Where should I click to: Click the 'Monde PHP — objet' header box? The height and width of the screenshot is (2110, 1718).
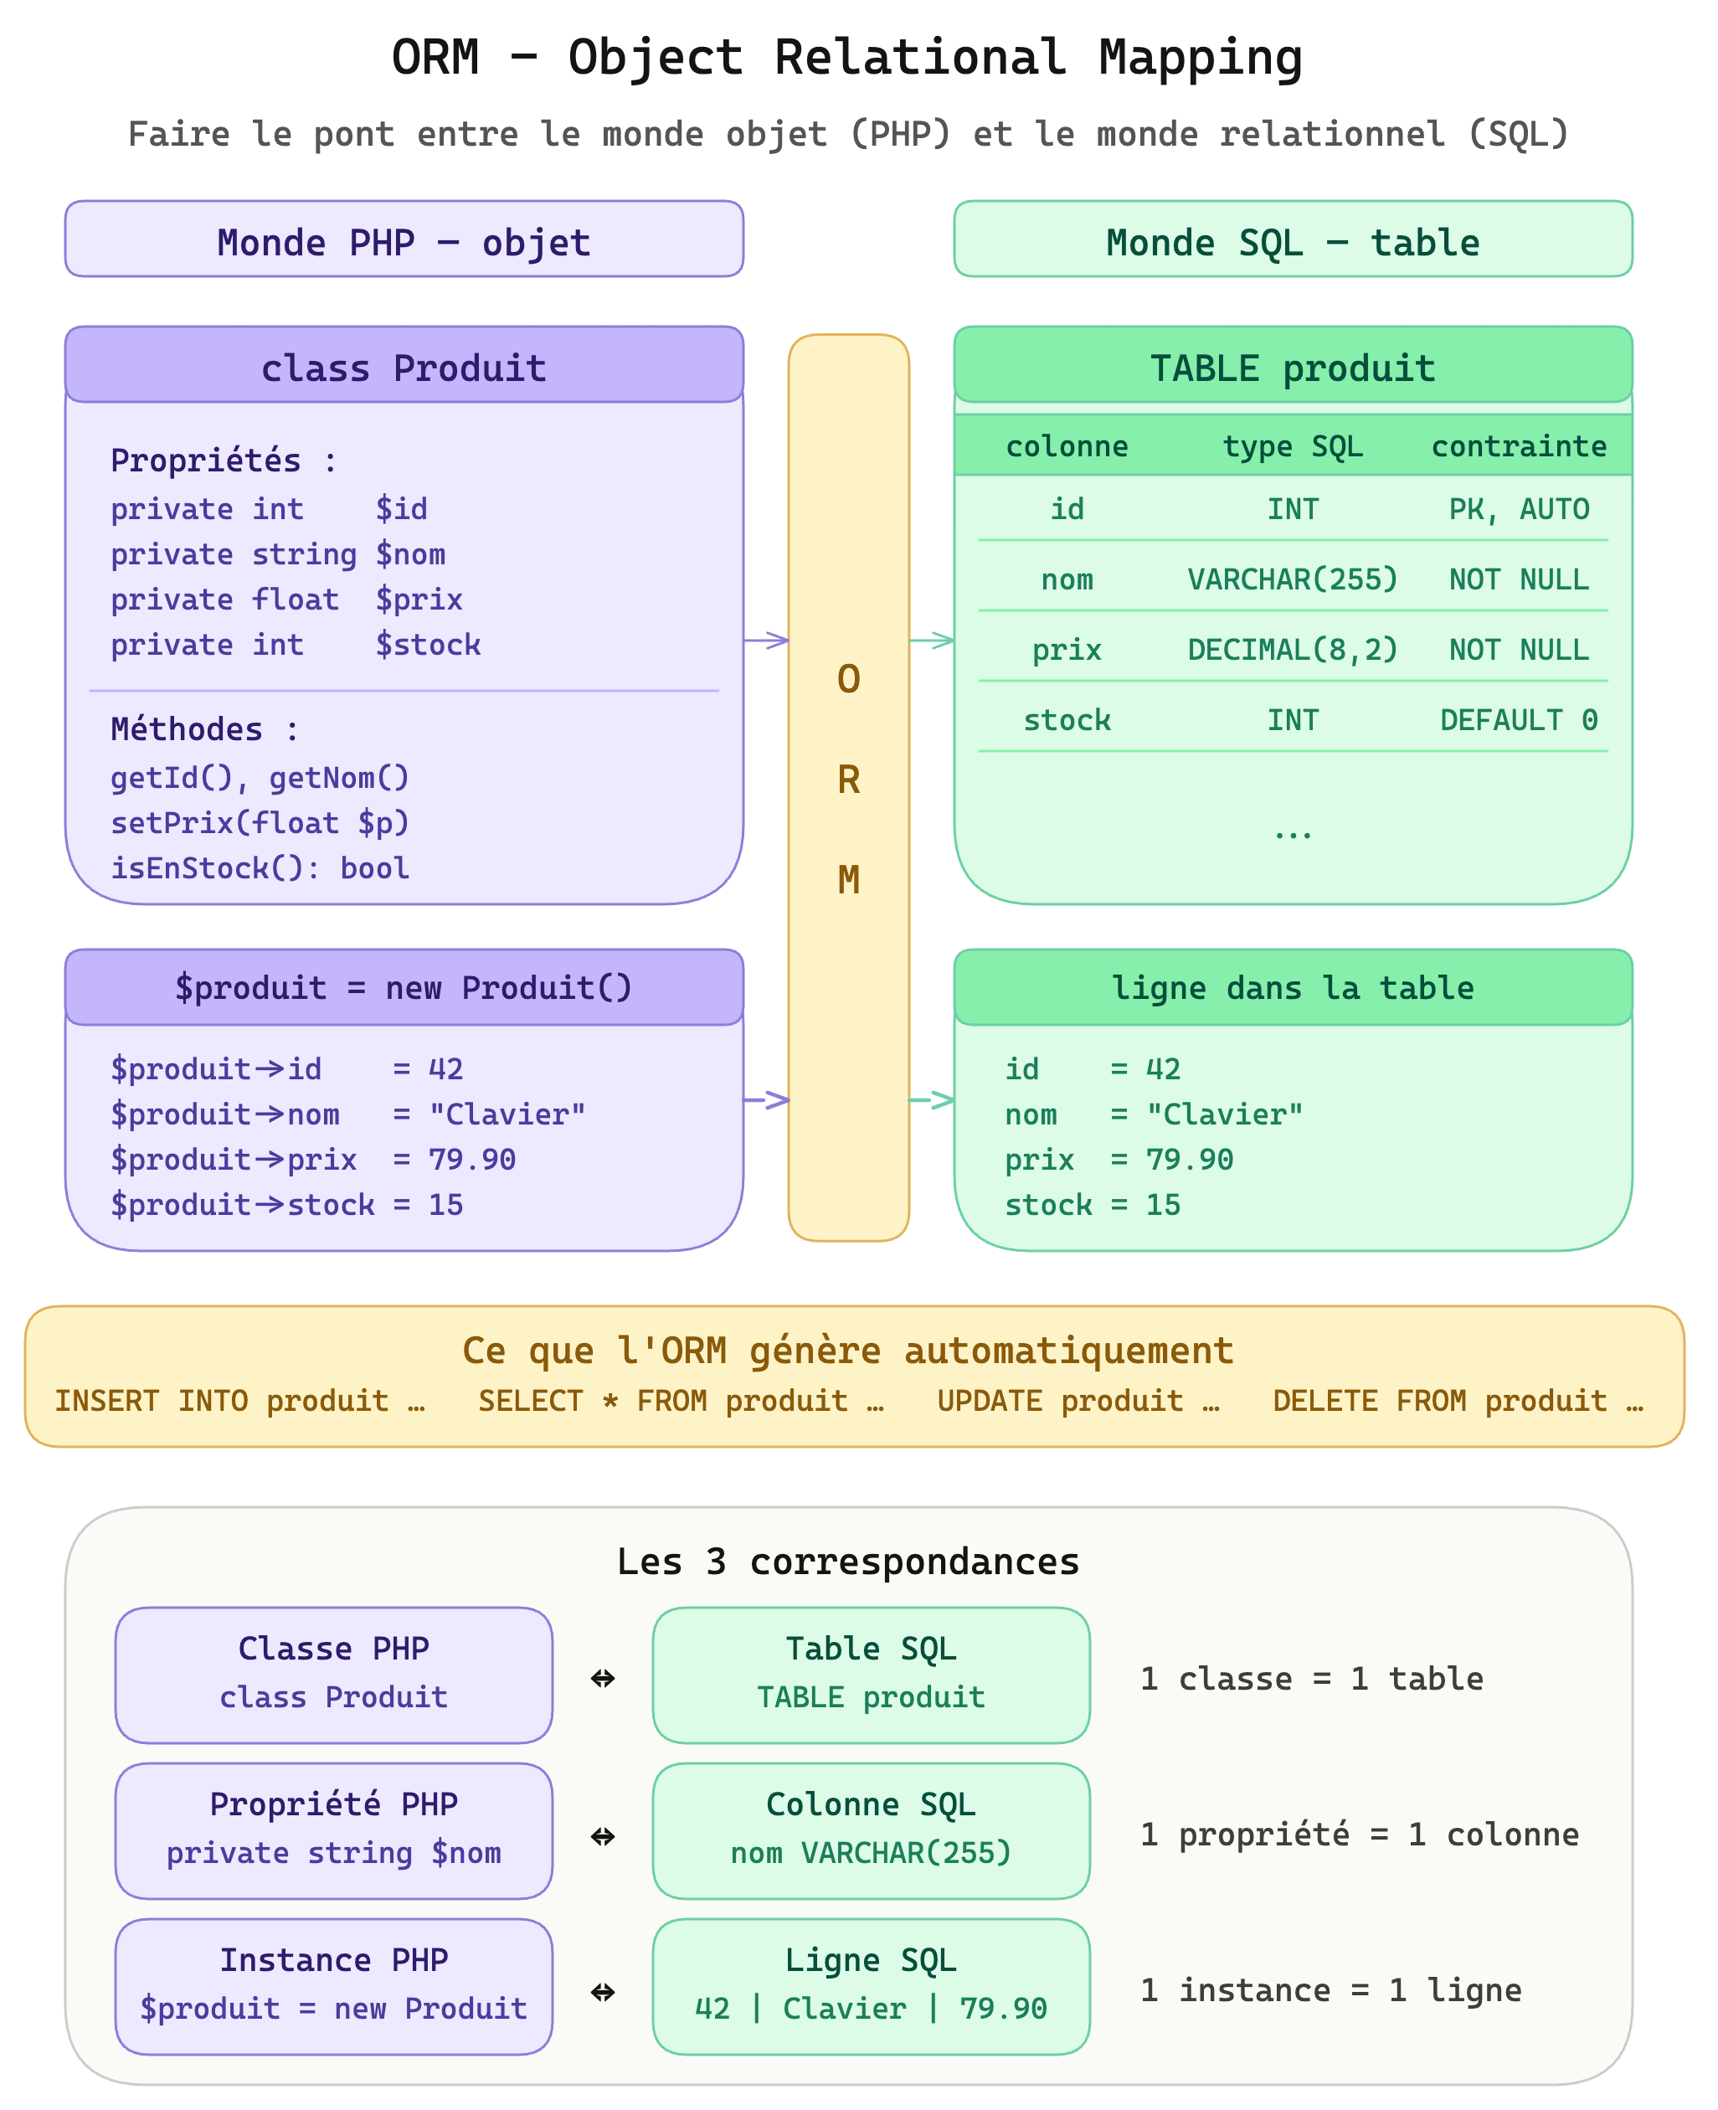pyautogui.click(x=404, y=239)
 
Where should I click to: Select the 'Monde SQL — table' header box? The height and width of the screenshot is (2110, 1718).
pyautogui.click(x=1293, y=239)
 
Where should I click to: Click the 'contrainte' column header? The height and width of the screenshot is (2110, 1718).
pyautogui.click(x=1518, y=446)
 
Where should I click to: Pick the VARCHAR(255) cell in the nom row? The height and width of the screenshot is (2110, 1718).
pyautogui.click(x=1293, y=579)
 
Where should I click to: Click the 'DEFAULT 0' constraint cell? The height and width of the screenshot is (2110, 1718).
pyautogui.click(x=1518, y=719)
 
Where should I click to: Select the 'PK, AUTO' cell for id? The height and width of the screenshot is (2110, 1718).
pyautogui.click(x=1518, y=509)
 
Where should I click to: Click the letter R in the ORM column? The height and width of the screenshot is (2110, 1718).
pyautogui.click(x=848, y=780)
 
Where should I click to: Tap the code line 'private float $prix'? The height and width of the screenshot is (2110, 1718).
pyautogui.click(x=286, y=599)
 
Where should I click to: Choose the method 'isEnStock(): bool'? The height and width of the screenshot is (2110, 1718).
pyautogui.click(x=260, y=868)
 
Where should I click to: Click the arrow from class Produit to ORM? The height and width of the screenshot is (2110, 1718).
pyautogui.click(x=766, y=641)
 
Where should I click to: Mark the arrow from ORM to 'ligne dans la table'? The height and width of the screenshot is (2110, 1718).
pyautogui.click(x=931, y=1099)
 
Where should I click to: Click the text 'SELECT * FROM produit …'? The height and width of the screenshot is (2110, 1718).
pyautogui.click(x=681, y=1401)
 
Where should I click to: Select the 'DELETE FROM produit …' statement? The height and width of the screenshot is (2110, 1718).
pyautogui.click(x=1458, y=1401)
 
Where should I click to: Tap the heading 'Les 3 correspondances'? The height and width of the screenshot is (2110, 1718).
pyautogui.click(x=848, y=1562)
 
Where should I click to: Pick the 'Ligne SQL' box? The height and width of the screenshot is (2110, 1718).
pyautogui.click(x=871, y=1986)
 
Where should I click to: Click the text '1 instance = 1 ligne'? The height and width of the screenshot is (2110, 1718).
pyautogui.click(x=1331, y=1989)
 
